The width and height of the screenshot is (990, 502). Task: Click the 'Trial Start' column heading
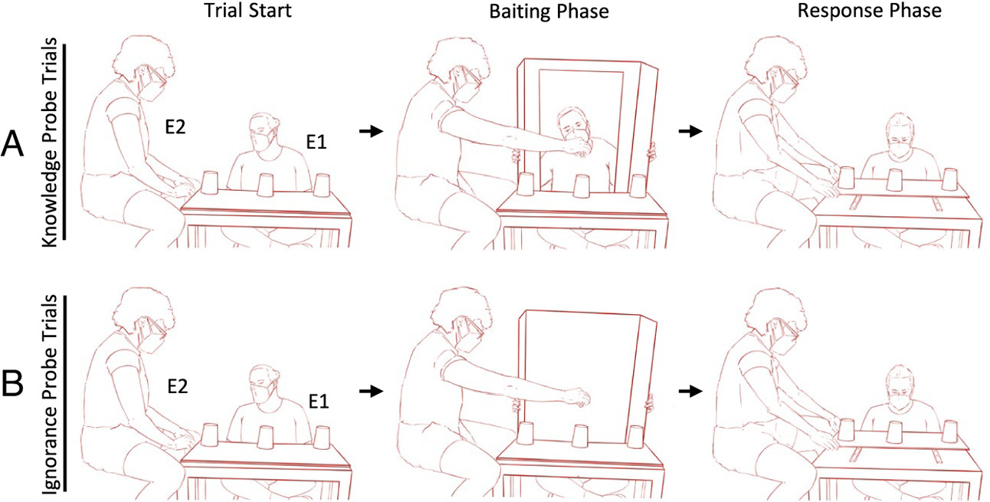pyautogui.click(x=247, y=10)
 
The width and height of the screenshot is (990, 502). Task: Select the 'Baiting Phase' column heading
pyautogui.click(x=549, y=11)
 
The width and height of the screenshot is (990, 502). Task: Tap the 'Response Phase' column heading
pyautogui.click(x=870, y=11)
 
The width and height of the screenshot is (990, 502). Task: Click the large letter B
pyautogui.click(x=12, y=385)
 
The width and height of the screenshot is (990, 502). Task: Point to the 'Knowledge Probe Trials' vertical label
pyautogui.click(x=50, y=143)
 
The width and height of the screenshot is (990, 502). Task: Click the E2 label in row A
pyautogui.click(x=175, y=127)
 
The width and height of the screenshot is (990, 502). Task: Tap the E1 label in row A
pyautogui.click(x=316, y=142)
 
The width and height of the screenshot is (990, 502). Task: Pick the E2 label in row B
pyautogui.click(x=178, y=386)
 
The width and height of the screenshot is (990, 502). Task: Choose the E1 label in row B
pyautogui.click(x=319, y=402)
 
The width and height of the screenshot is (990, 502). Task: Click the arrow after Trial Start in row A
pyautogui.click(x=371, y=131)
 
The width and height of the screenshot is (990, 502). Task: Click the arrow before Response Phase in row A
pyautogui.click(x=690, y=131)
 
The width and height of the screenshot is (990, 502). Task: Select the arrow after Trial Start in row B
pyautogui.click(x=371, y=391)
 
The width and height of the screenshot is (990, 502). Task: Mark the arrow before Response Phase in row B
pyautogui.click(x=690, y=391)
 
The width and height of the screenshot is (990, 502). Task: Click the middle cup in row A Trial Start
pyautogui.click(x=266, y=185)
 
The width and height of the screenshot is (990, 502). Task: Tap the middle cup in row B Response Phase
pyautogui.click(x=894, y=431)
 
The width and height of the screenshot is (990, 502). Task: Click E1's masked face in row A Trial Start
pyautogui.click(x=264, y=135)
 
